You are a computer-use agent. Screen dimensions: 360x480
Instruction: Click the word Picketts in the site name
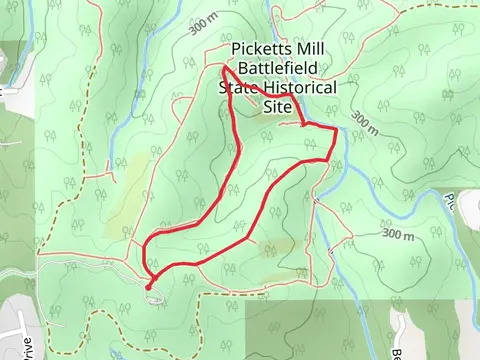point(257,50)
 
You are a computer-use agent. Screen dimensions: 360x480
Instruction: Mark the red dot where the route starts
point(148,287)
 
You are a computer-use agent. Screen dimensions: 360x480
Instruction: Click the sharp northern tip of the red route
point(223,68)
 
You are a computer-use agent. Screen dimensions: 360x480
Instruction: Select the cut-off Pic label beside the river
point(471,201)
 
